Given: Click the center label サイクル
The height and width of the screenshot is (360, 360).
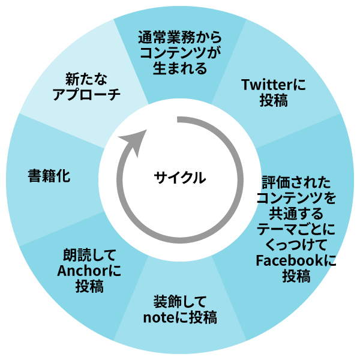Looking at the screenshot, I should click(179, 178).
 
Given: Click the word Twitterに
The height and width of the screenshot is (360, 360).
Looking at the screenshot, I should click(273, 85).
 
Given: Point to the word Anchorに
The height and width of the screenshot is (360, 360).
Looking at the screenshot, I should click(89, 271).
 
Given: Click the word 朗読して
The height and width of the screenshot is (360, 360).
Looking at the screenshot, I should click(89, 255).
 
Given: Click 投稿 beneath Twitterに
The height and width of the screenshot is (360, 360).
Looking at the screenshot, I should click(273, 100).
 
